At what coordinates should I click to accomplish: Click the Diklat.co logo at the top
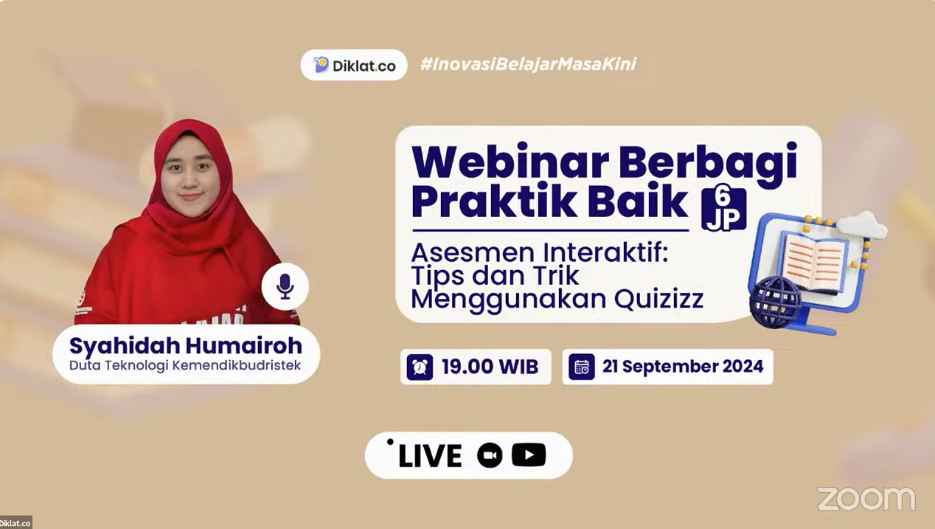point(354,65)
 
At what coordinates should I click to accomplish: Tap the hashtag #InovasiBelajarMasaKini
point(529,64)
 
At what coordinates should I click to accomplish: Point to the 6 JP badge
point(723,210)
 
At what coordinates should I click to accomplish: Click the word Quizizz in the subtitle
point(658,299)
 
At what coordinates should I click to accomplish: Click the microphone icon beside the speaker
point(285,286)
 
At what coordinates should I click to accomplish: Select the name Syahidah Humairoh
point(186,346)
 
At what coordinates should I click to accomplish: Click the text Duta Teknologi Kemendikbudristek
point(185,365)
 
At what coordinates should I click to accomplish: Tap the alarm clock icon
point(420,367)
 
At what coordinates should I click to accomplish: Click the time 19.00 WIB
point(490,367)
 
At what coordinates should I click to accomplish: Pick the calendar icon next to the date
point(582,367)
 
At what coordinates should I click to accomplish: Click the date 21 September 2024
point(683,367)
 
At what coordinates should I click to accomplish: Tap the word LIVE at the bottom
point(430,455)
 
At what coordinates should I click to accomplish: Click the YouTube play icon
point(529,454)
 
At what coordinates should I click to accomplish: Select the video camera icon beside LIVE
point(490,455)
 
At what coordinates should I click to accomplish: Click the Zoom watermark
point(866,499)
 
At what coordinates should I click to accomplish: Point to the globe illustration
point(776,302)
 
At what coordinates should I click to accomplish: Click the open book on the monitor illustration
point(814,261)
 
